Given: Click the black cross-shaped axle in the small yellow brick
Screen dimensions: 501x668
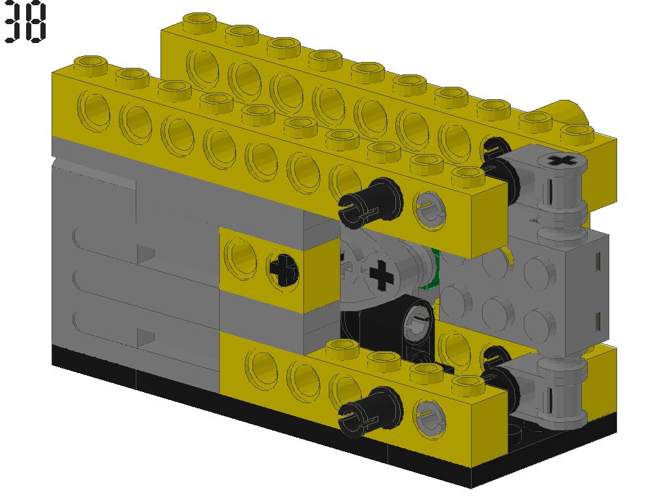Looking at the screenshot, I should pyautogui.click(x=283, y=269).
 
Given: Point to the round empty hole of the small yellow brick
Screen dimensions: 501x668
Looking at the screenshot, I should pyautogui.click(x=241, y=256).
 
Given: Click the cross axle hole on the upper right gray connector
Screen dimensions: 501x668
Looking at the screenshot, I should pyautogui.click(x=558, y=160).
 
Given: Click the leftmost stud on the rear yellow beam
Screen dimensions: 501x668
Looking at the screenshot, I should pyautogui.click(x=199, y=22).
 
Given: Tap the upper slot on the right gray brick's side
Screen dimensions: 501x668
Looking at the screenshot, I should pyautogui.click(x=598, y=259).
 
